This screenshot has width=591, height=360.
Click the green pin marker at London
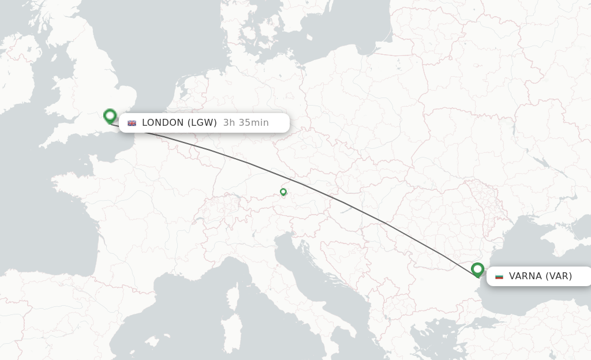click(110, 116)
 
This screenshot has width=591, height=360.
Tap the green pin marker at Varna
click(477, 269)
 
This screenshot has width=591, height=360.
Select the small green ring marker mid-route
click(283, 192)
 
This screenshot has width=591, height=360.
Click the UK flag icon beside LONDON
click(132, 123)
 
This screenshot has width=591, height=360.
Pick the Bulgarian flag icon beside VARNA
click(499, 276)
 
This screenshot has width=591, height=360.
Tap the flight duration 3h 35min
click(246, 122)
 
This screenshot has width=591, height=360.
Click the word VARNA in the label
click(525, 276)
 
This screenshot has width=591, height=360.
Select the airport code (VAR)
click(559, 276)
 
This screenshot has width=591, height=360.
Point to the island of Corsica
click(233, 297)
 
